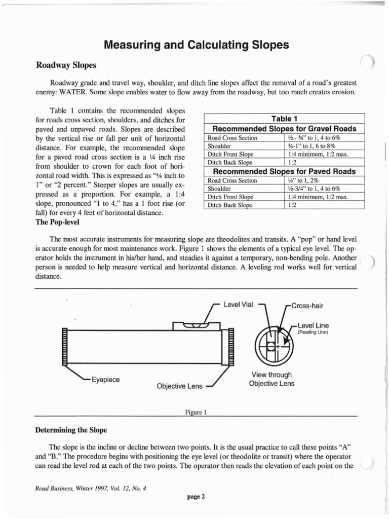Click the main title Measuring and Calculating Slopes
pyautogui.click(x=196, y=45)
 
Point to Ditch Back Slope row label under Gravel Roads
pyautogui.click(x=230, y=163)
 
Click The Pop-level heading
pyautogui.click(x=57, y=222)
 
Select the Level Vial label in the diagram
pyautogui.click(x=238, y=305)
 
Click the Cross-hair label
pyautogui.click(x=306, y=306)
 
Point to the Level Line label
pyautogui.click(x=313, y=325)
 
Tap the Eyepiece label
pyautogui.click(x=105, y=379)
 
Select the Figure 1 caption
pyautogui.click(x=196, y=412)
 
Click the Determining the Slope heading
pyautogui.click(x=71, y=430)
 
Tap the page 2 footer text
pyautogui.click(x=196, y=497)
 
